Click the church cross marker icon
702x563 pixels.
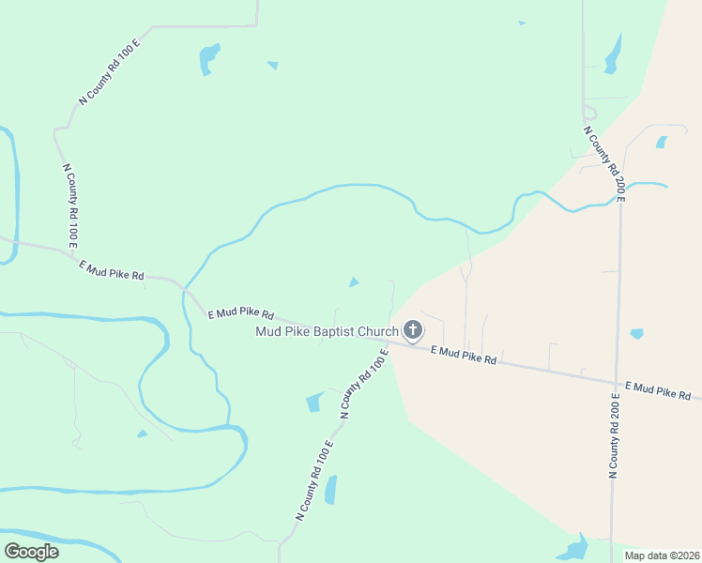(412, 330)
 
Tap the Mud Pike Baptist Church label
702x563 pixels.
(328, 331)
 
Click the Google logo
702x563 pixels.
(31, 551)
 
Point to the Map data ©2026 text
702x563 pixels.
(662, 555)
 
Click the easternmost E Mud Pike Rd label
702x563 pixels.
(658, 390)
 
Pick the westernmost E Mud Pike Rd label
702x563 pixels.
(112, 270)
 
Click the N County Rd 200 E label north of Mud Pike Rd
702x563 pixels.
(603, 164)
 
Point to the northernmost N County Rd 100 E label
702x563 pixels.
(109, 71)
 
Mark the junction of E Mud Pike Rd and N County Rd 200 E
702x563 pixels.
(618, 382)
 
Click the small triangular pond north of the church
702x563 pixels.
(353, 282)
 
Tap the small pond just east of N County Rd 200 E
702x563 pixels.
(637, 333)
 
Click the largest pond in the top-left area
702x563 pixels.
(208, 58)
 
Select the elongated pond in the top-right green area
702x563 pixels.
(614, 54)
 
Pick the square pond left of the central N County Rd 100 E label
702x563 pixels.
(314, 403)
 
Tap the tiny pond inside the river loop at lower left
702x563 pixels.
(142, 434)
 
